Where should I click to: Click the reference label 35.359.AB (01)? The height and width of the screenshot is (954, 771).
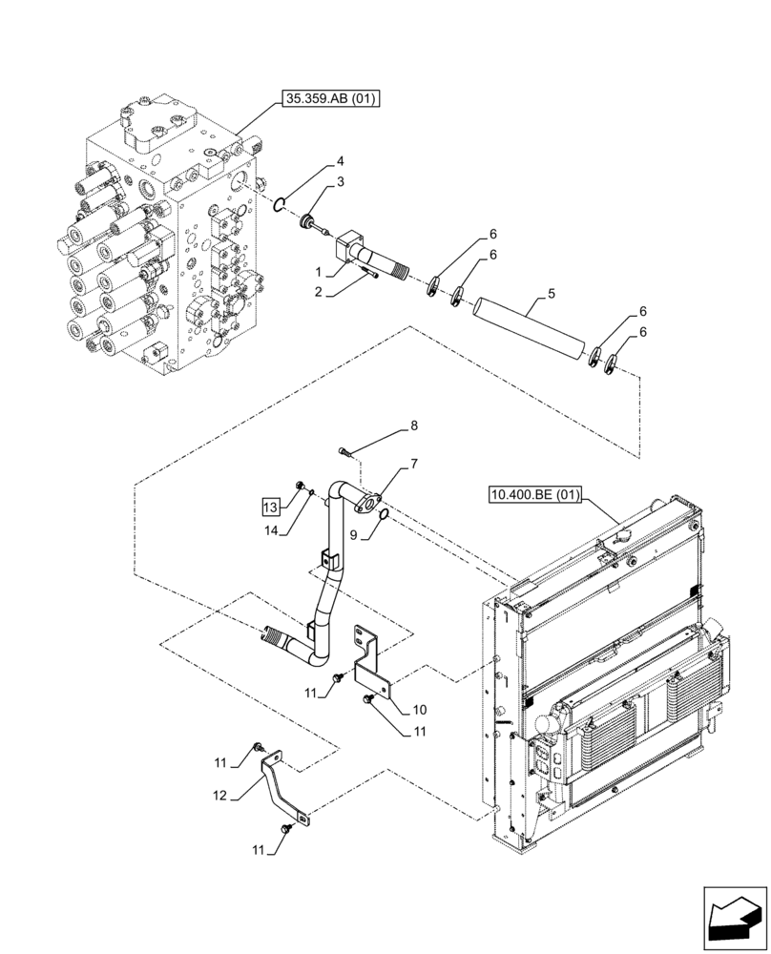[330, 98]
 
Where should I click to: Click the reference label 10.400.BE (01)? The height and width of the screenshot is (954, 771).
[533, 494]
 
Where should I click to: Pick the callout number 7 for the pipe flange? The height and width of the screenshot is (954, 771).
[414, 465]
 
